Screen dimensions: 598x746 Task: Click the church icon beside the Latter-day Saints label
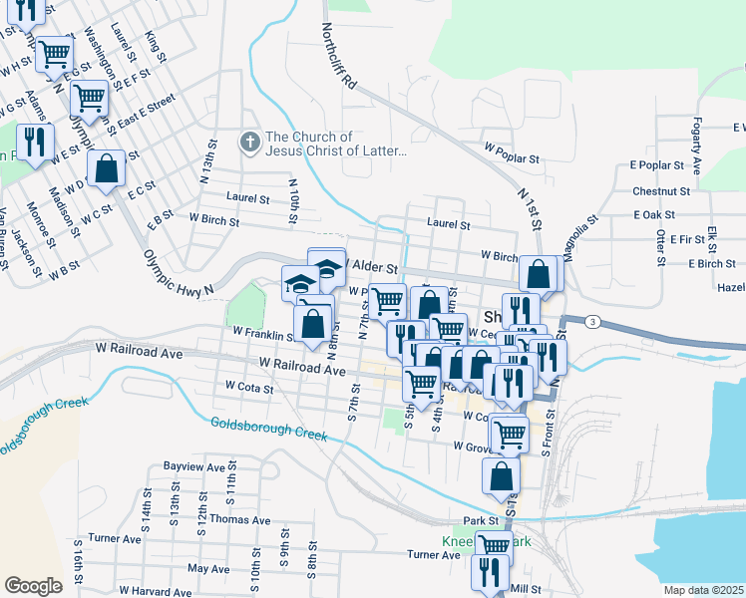coord(249,144)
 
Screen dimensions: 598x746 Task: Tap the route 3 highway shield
coord(592,321)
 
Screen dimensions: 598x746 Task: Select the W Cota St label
coord(248,385)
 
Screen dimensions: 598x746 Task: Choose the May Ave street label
coord(207,568)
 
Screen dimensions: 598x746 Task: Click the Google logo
coord(33,586)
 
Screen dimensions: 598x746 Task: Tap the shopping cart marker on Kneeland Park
coord(493,545)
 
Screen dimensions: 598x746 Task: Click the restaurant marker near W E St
coord(36,141)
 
